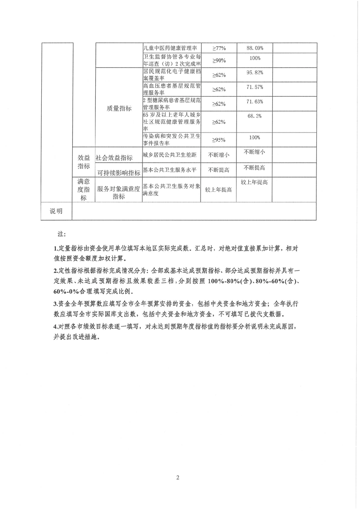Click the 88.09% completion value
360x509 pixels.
255,47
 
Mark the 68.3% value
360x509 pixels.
255,117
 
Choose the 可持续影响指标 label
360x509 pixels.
118,173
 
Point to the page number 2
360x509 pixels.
178,477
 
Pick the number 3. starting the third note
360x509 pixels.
54,303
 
